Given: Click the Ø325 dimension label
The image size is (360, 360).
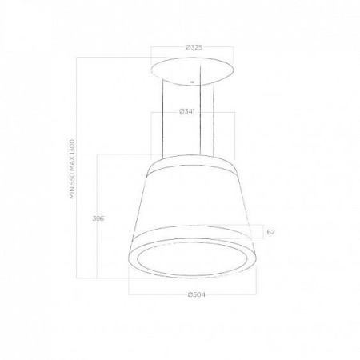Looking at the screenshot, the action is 194,48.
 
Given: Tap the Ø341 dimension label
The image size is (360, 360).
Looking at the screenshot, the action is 187,111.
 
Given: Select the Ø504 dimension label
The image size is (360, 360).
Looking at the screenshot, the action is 197,294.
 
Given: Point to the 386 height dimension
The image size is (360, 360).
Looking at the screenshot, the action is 98,218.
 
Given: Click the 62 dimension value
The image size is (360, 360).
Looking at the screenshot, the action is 270,232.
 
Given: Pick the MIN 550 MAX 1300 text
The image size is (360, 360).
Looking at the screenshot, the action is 73,170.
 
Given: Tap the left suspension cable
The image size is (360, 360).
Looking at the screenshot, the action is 163,118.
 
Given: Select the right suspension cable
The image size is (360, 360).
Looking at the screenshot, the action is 214,119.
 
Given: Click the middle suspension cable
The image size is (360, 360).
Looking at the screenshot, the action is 200,110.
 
